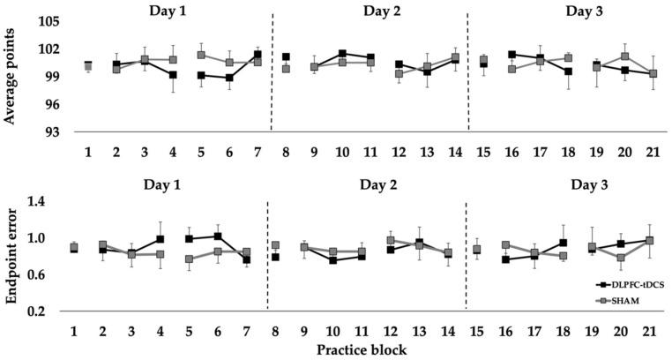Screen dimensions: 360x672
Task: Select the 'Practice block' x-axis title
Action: click(x=362, y=349)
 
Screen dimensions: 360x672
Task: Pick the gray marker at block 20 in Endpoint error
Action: click(x=622, y=259)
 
